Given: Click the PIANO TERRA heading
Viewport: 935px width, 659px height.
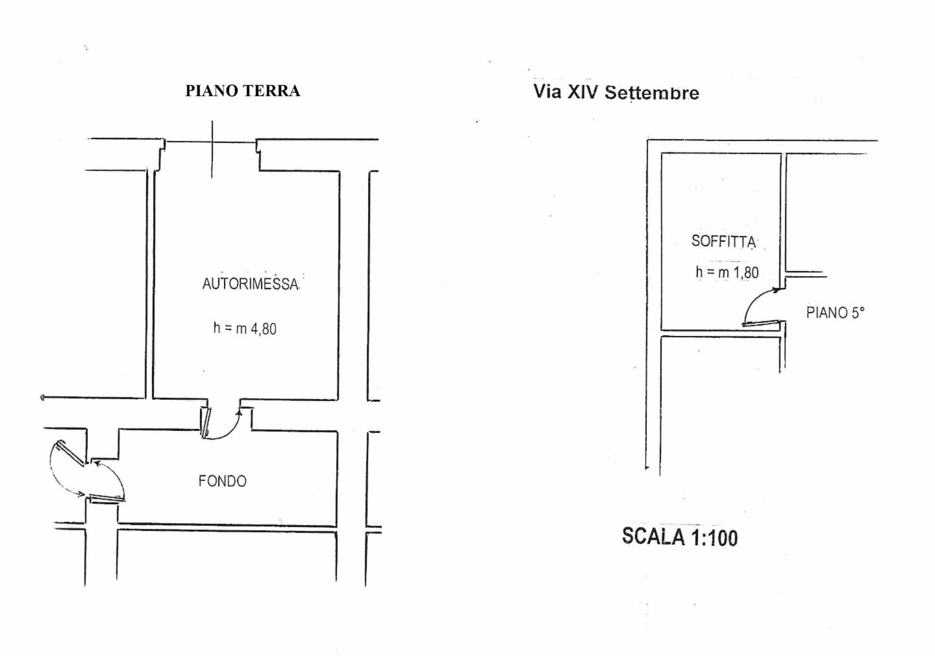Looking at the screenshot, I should point(243,91).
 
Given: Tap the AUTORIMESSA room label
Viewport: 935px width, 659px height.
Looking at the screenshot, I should point(250,284).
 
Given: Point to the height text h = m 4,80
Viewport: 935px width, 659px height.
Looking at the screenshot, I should point(245,329).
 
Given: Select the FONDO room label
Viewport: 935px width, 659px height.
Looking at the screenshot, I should point(223,482).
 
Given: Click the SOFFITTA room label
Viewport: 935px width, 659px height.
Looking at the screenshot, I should point(723,242).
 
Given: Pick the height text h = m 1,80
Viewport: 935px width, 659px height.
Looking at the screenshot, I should point(727,272).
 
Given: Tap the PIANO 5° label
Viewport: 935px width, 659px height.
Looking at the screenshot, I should point(835,313).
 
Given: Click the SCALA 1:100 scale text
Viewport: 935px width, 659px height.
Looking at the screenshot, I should point(679,537).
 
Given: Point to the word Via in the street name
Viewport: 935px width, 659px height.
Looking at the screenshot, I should point(548,91).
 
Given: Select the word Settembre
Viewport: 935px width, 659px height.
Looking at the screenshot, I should point(652,93).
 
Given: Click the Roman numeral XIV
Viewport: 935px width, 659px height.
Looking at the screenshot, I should point(584,92).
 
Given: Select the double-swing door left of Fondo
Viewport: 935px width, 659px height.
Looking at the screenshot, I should point(88,471).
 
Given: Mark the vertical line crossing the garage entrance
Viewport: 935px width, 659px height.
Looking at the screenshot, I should point(211,149).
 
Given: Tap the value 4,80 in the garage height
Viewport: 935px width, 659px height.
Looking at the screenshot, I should point(264,329).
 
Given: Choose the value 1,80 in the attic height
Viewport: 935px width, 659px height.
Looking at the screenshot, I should point(746,273).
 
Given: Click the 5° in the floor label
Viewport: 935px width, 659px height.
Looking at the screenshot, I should point(858,313).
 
